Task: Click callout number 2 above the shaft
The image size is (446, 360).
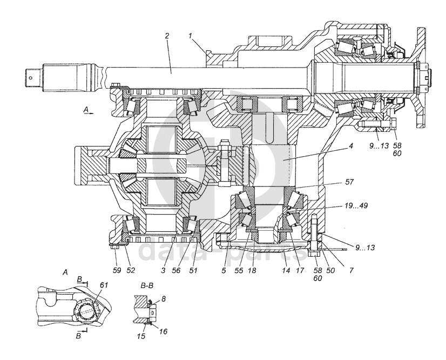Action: point(167,36)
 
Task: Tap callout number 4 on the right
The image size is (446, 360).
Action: point(351,146)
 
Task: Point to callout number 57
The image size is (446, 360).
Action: point(349,182)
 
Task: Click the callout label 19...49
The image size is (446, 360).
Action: point(356,205)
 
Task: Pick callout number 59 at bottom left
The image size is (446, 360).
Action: point(117,270)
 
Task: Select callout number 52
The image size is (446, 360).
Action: point(131,270)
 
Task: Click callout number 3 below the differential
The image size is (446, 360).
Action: point(163,270)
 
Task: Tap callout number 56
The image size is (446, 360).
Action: point(176,270)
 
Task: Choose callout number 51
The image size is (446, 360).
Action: point(193,270)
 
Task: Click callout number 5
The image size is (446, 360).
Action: point(224,270)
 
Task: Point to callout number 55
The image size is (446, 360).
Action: point(239,270)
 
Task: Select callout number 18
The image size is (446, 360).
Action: point(252,270)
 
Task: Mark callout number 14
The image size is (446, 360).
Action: point(286,270)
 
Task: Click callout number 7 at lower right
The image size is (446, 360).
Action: point(352,270)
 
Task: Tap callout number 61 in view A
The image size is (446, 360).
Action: point(104,284)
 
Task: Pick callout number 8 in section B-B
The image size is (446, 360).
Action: point(163,299)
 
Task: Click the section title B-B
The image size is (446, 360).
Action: point(146,285)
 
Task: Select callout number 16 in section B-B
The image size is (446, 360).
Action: point(163,331)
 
